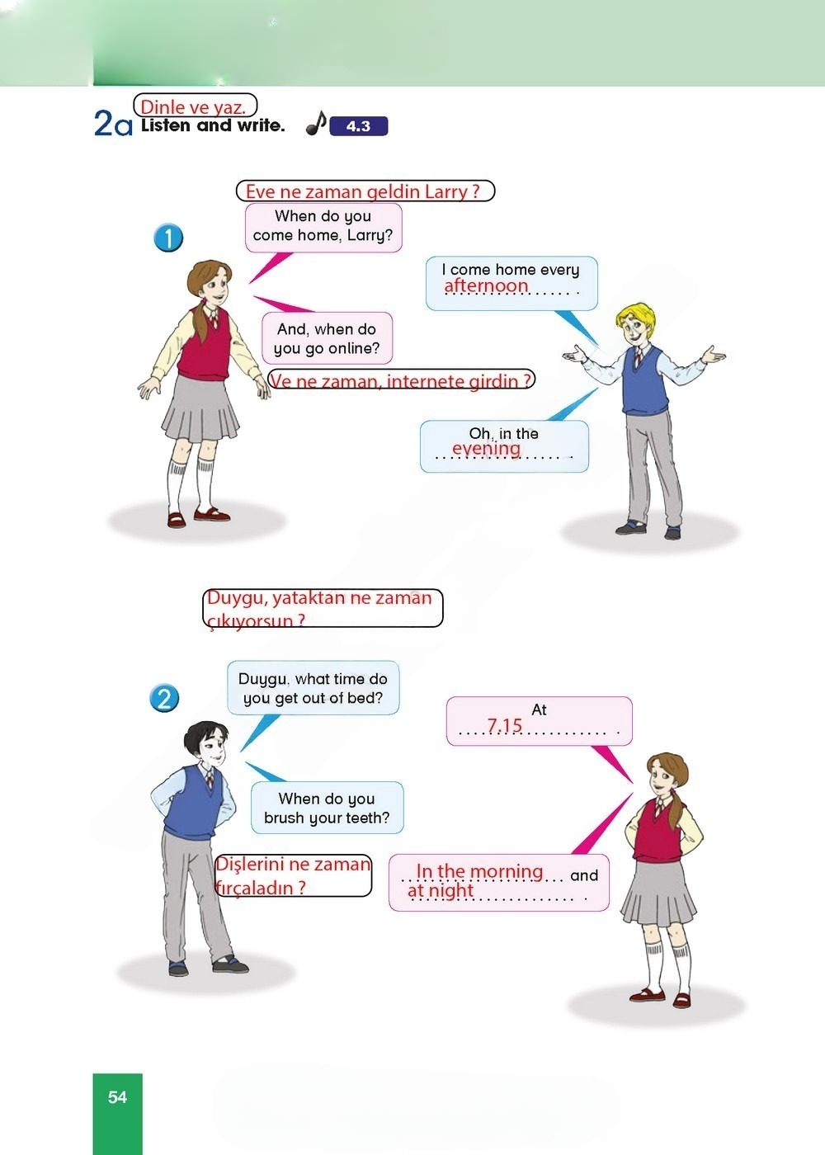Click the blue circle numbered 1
click(x=168, y=238)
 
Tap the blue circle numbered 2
click(x=164, y=699)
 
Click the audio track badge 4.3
click(x=358, y=125)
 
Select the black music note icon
click(x=316, y=123)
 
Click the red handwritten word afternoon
click(x=486, y=285)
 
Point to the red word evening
click(x=486, y=448)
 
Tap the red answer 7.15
click(x=504, y=725)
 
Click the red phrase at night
click(x=440, y=889)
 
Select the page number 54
click(x=117, y=1096)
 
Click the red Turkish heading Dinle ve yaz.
click(x=193, y=107)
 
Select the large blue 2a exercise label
click(x=113, y=125)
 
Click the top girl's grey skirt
click(x=200, y=408)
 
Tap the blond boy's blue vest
click(x=644, y=380)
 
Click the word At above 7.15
click(x=539, y=710)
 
